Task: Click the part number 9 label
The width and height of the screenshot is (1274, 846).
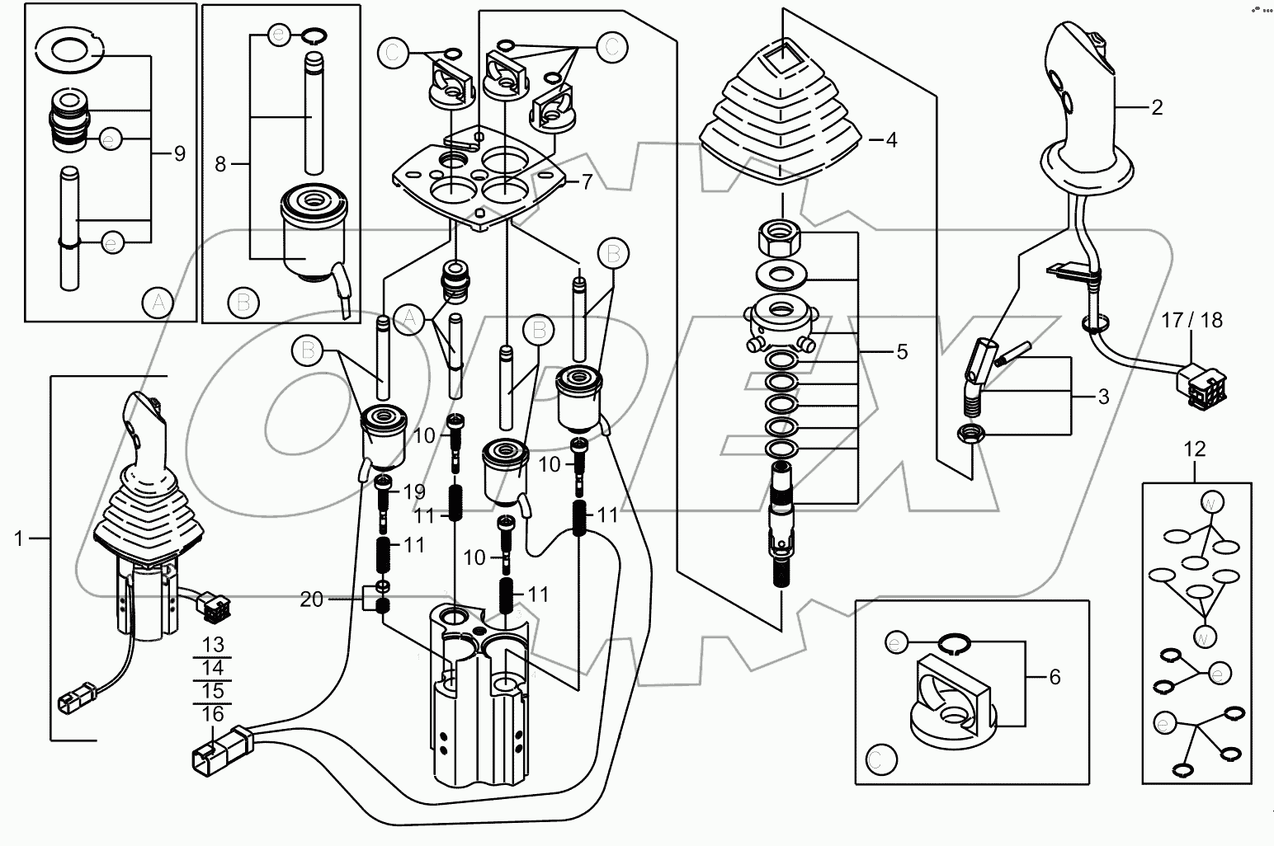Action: coord(179,153)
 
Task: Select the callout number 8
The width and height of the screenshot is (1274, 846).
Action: coord(220,164)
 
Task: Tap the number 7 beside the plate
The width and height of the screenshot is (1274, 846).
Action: coord(587,181)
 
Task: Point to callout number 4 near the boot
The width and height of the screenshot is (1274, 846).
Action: coord(890,139)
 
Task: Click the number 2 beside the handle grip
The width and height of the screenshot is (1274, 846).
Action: coord(1156,107)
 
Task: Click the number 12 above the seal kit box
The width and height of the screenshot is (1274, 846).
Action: coord(1194,449)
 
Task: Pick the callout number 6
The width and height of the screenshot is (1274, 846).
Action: coord(1054,677)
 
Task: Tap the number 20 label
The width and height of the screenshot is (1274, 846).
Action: coord(312,599)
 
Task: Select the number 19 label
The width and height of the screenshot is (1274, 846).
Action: coord(413,491)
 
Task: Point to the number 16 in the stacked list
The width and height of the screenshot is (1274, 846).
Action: coord(212,713)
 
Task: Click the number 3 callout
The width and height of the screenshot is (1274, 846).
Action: coord(1103,397)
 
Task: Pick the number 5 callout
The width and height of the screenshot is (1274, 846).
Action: coord(901,352)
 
